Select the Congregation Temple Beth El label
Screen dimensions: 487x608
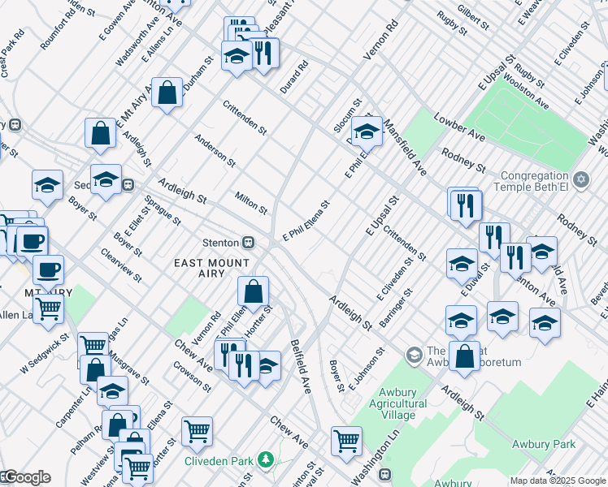tap(533, 182)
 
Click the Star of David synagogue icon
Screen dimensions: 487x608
tap(580, 179)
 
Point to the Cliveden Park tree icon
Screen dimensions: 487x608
tap(265, 460)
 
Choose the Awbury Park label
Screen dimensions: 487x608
tap(544, 444)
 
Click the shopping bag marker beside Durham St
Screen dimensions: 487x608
tap(167, 93)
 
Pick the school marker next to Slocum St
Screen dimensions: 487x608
tap(367, 130)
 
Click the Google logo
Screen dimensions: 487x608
tap(26, 477)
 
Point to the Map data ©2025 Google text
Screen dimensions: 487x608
tap(557, 481)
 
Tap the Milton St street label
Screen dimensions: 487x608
tap(251, 203)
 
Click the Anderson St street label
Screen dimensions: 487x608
tap(215, 150)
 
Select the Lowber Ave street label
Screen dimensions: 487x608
tap(459, 127)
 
